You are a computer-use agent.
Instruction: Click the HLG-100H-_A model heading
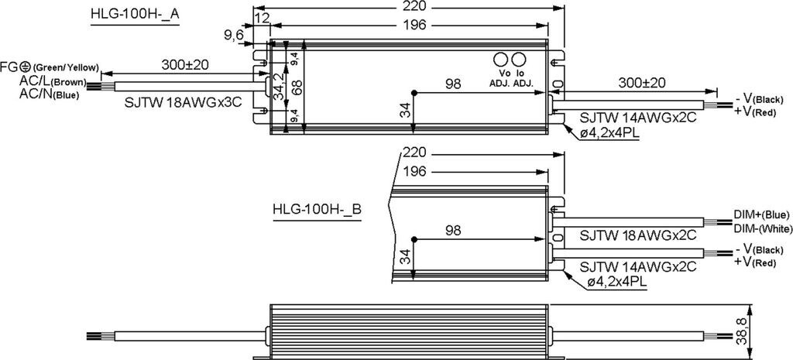coord(135,15)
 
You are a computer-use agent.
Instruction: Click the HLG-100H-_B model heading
coord(317,209)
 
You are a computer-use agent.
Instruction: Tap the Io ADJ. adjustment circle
coord(519,60)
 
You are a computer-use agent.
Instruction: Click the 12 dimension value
coord(263,18)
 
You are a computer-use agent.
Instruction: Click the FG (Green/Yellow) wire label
coord(50,67)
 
